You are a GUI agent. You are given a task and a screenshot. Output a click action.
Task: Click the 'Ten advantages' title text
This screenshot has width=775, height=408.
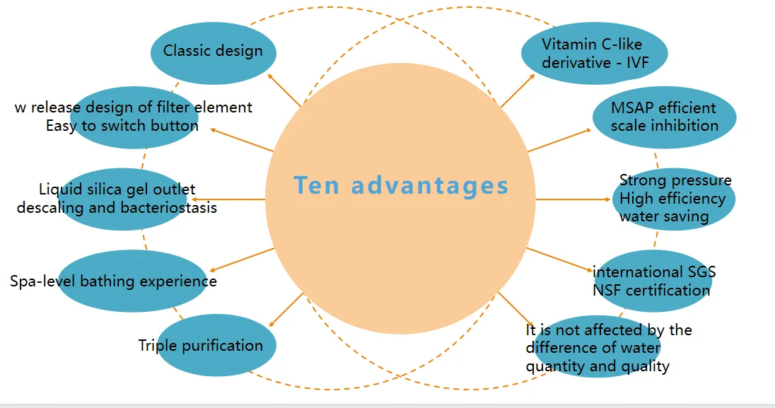coord(401,186)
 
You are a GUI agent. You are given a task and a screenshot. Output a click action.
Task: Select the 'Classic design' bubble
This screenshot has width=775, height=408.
coord(213,51)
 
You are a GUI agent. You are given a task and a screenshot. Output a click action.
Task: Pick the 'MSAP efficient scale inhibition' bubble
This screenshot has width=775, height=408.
coord(664,117)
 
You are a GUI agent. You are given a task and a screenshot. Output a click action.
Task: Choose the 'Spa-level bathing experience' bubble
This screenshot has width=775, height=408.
coord(132,281)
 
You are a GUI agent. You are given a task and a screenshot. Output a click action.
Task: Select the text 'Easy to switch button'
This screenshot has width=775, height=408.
coord(122,126)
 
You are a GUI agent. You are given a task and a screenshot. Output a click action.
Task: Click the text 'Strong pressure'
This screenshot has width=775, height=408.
coord(675,180)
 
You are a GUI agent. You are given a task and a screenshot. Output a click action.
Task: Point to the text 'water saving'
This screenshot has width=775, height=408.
coord(664,216)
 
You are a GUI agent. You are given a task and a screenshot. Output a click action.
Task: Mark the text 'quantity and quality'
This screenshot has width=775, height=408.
coord(597,366)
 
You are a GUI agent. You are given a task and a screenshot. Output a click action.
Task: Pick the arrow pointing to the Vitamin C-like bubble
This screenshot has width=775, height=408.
coord(518,90)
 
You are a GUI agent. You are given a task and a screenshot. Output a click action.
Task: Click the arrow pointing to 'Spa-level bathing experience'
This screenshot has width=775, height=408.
coord(240,260)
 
